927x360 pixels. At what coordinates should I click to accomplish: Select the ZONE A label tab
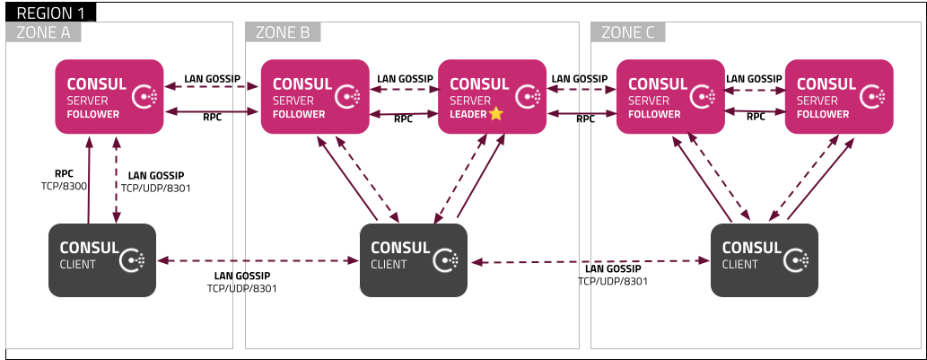pyautogui.click(x=43, y=33)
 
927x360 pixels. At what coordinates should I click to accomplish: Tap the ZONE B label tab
pyautogui.click(x=283, y=33)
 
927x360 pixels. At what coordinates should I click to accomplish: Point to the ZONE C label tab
pyautogui.click(x=628, y=33)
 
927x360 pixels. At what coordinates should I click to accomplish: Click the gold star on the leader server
pyautogui.click(x=496, y=114)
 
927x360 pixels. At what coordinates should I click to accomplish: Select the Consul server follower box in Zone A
pyautogui.click(x=109, y=96)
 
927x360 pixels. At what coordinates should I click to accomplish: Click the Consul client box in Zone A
pyautogui.click(x=101, y=259)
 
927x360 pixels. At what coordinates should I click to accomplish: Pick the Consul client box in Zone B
pyautogui.click(x=413, y=259)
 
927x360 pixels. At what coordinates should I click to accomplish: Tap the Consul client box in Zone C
pyautogui.click(x=765, y=259)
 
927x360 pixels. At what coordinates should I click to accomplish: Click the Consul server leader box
pyautogui.click(x=492, y=96)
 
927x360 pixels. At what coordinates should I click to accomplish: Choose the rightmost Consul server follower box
pyautogui.click(x=838, y=96)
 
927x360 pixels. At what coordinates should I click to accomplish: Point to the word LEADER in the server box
pyautogui.click(x=467, y=114)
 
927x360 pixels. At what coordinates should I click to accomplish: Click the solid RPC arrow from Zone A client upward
pyautogui.click(x=88, y=180)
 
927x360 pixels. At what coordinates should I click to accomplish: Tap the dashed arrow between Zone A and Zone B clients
pyautogui.click(x=257, y=261)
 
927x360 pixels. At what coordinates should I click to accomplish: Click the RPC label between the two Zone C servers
pyautogui.click(x=756, y=117)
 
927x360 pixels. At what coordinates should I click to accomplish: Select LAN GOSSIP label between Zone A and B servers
pyautogui.click(x=212, y=79)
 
